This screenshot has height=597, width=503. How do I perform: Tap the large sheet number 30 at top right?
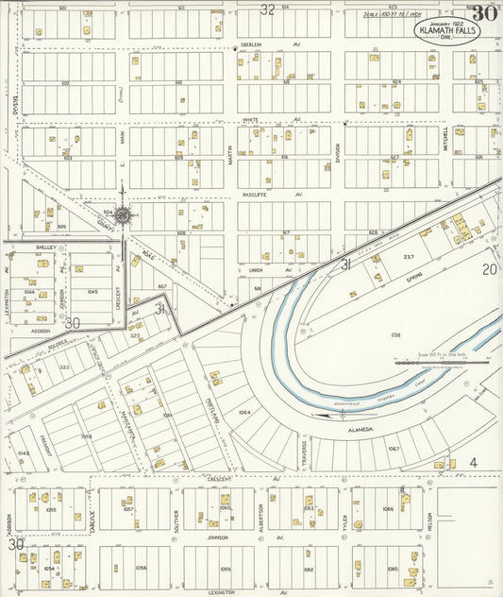(x=485, y=13)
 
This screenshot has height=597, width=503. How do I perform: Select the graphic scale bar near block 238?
(x=442, y=360)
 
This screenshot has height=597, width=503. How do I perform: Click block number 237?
(x=409, y=257)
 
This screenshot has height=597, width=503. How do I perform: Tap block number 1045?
(x=92, y=292)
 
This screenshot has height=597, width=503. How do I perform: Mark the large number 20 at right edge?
(x=489, y=270)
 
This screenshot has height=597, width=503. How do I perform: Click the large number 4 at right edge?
(x=474, y=462)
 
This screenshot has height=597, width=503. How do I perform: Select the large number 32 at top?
(x=268, y=9)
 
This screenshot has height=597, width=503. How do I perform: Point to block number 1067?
(x=394, y=448)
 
